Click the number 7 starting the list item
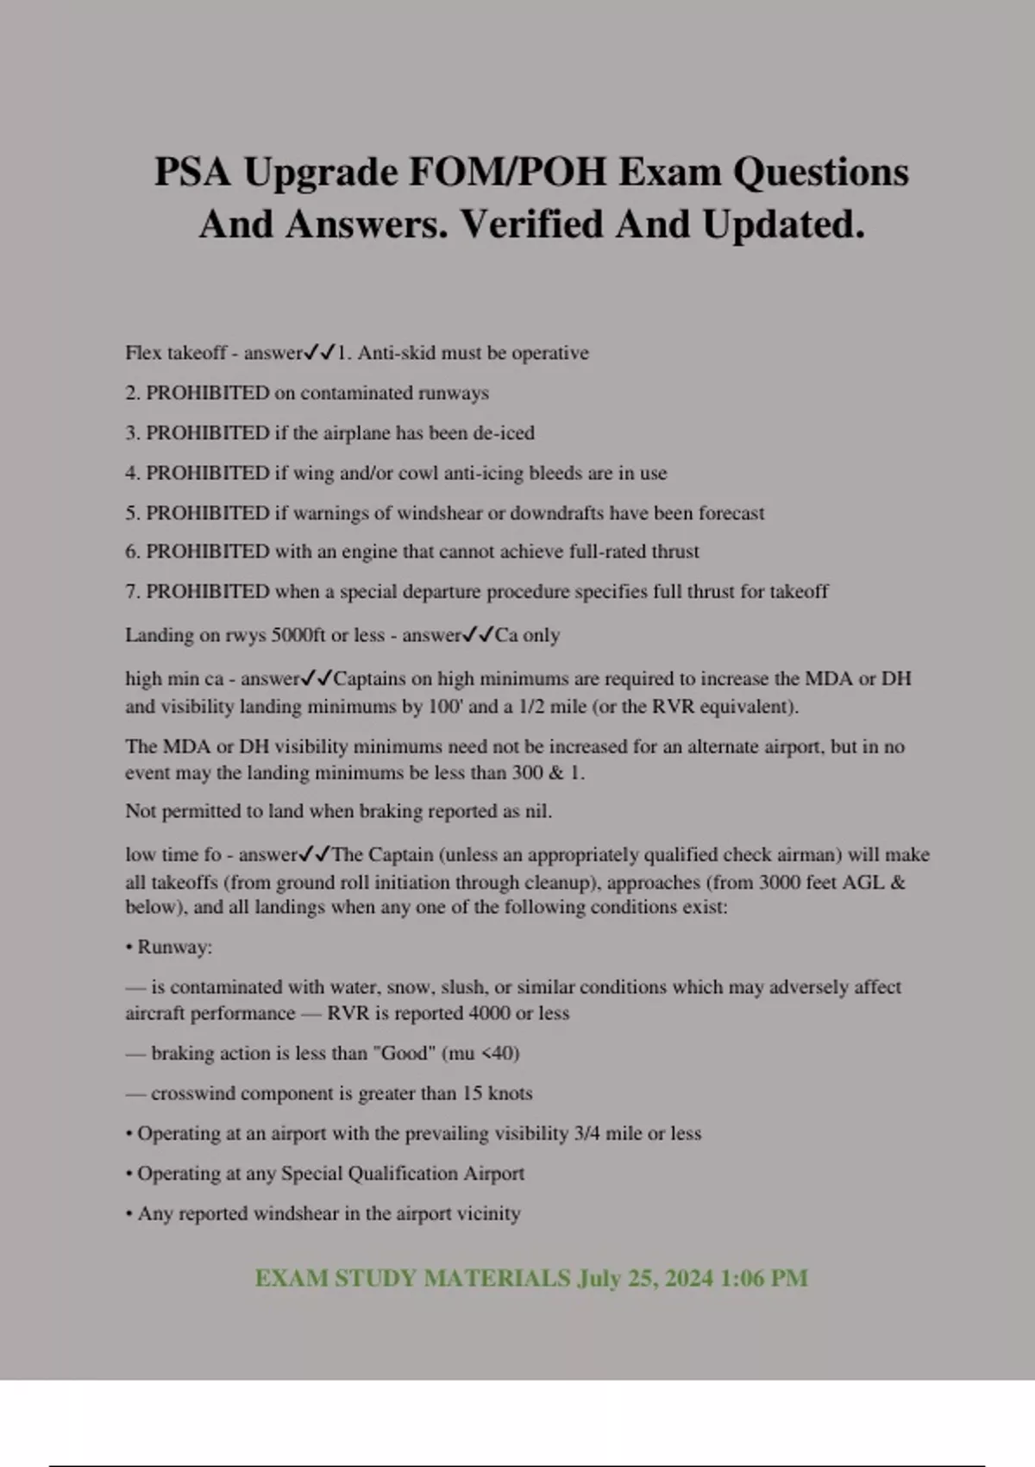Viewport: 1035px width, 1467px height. coord(131,592)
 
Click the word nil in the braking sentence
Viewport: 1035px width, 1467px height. coord(536,811)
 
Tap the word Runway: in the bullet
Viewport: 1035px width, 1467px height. coord(174,948)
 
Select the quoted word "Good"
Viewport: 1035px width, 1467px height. coord(404,1054)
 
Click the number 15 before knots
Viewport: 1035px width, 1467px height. coord(472,1093)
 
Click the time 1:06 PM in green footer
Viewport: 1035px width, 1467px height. coord(763,1278)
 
